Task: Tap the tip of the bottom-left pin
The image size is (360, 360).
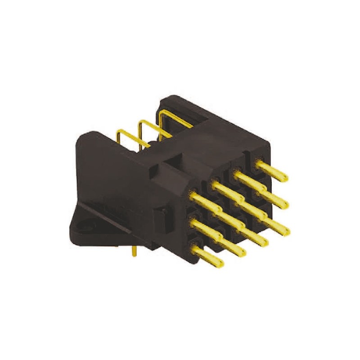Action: click(x=220, y=264)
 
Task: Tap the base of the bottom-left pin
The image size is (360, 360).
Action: click(x=194, y=247)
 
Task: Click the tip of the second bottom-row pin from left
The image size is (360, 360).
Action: click(x=243, y=254)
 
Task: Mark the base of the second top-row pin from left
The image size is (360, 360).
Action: click(x=215, y=184)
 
